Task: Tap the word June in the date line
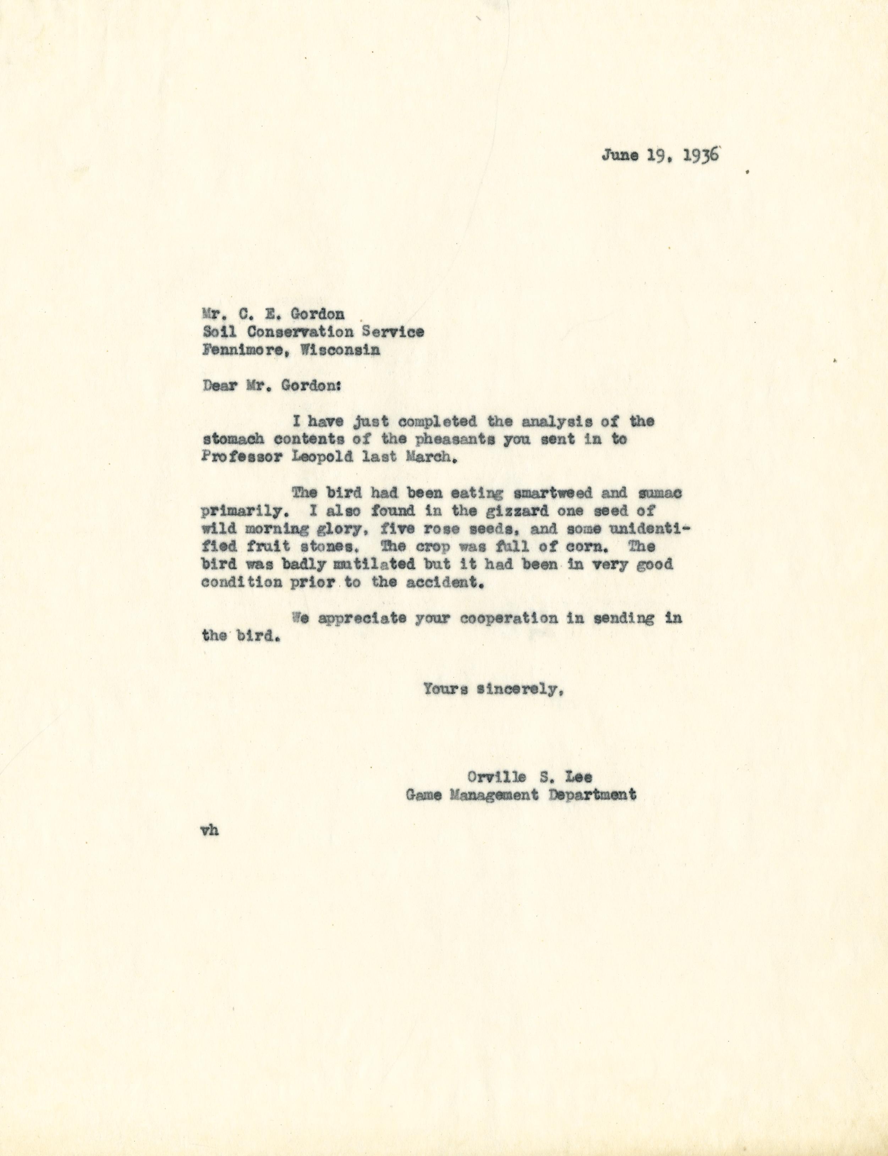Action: [x=619, y=156]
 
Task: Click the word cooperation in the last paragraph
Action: [x=509, y=618]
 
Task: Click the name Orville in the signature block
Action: [x=496, y=777]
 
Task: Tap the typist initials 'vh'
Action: [x=210, y=830]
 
